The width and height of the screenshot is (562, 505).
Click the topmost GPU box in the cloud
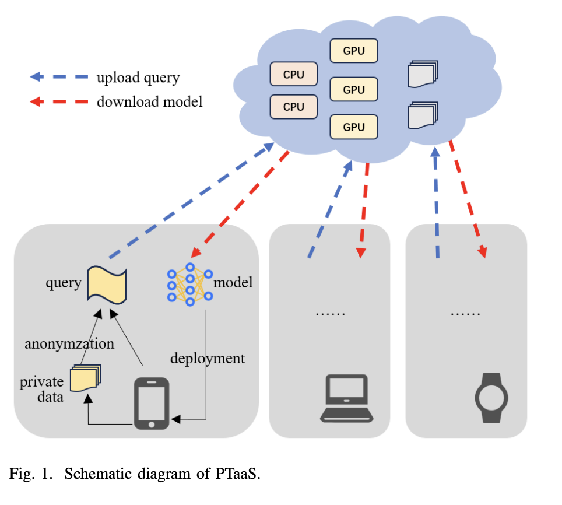(x=354, y=51)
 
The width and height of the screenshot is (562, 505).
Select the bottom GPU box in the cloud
(x=354, y=127)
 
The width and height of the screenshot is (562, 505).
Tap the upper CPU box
(x=294, y=74)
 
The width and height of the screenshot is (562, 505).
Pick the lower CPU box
(x=294, y=107)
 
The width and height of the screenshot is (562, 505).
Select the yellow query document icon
(x=107, y=284)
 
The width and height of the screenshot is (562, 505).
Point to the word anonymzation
(x=69, y=343)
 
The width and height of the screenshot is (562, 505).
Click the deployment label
(x=208, y=357)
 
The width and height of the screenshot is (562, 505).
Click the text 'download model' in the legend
(x=149, y=101)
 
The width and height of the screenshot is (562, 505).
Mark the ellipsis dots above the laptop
(x=330, y=313)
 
